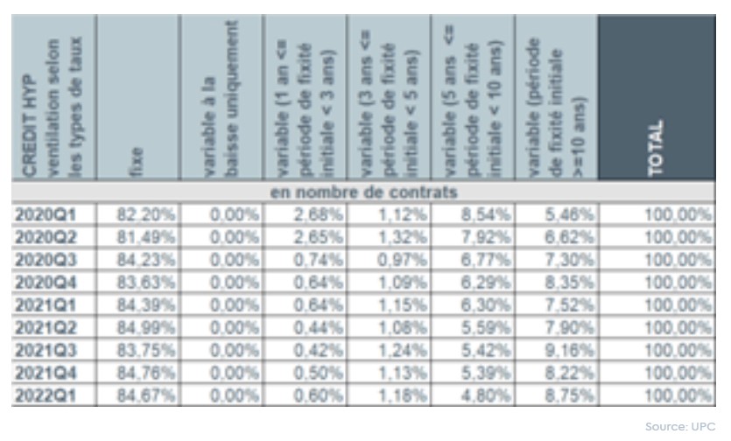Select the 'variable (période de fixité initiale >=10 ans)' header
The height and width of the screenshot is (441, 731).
[x=560, y=96]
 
